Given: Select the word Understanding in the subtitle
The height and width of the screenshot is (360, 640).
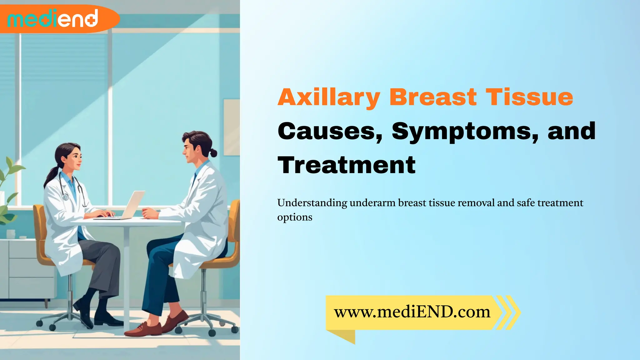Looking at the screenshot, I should tap(312, 203).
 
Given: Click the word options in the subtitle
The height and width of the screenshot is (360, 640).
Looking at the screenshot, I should tap(294, 217).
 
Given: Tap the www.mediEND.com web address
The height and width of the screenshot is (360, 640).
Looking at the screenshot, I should tap(412, 312).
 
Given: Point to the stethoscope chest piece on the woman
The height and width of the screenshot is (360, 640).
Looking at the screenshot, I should tap(66, 197).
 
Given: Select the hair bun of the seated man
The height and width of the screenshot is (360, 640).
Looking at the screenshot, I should tap(214, 153).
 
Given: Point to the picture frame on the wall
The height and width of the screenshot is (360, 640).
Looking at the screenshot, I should tap(232, 127).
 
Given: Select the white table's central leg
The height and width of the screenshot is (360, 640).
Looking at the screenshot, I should tap(127, 275).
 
